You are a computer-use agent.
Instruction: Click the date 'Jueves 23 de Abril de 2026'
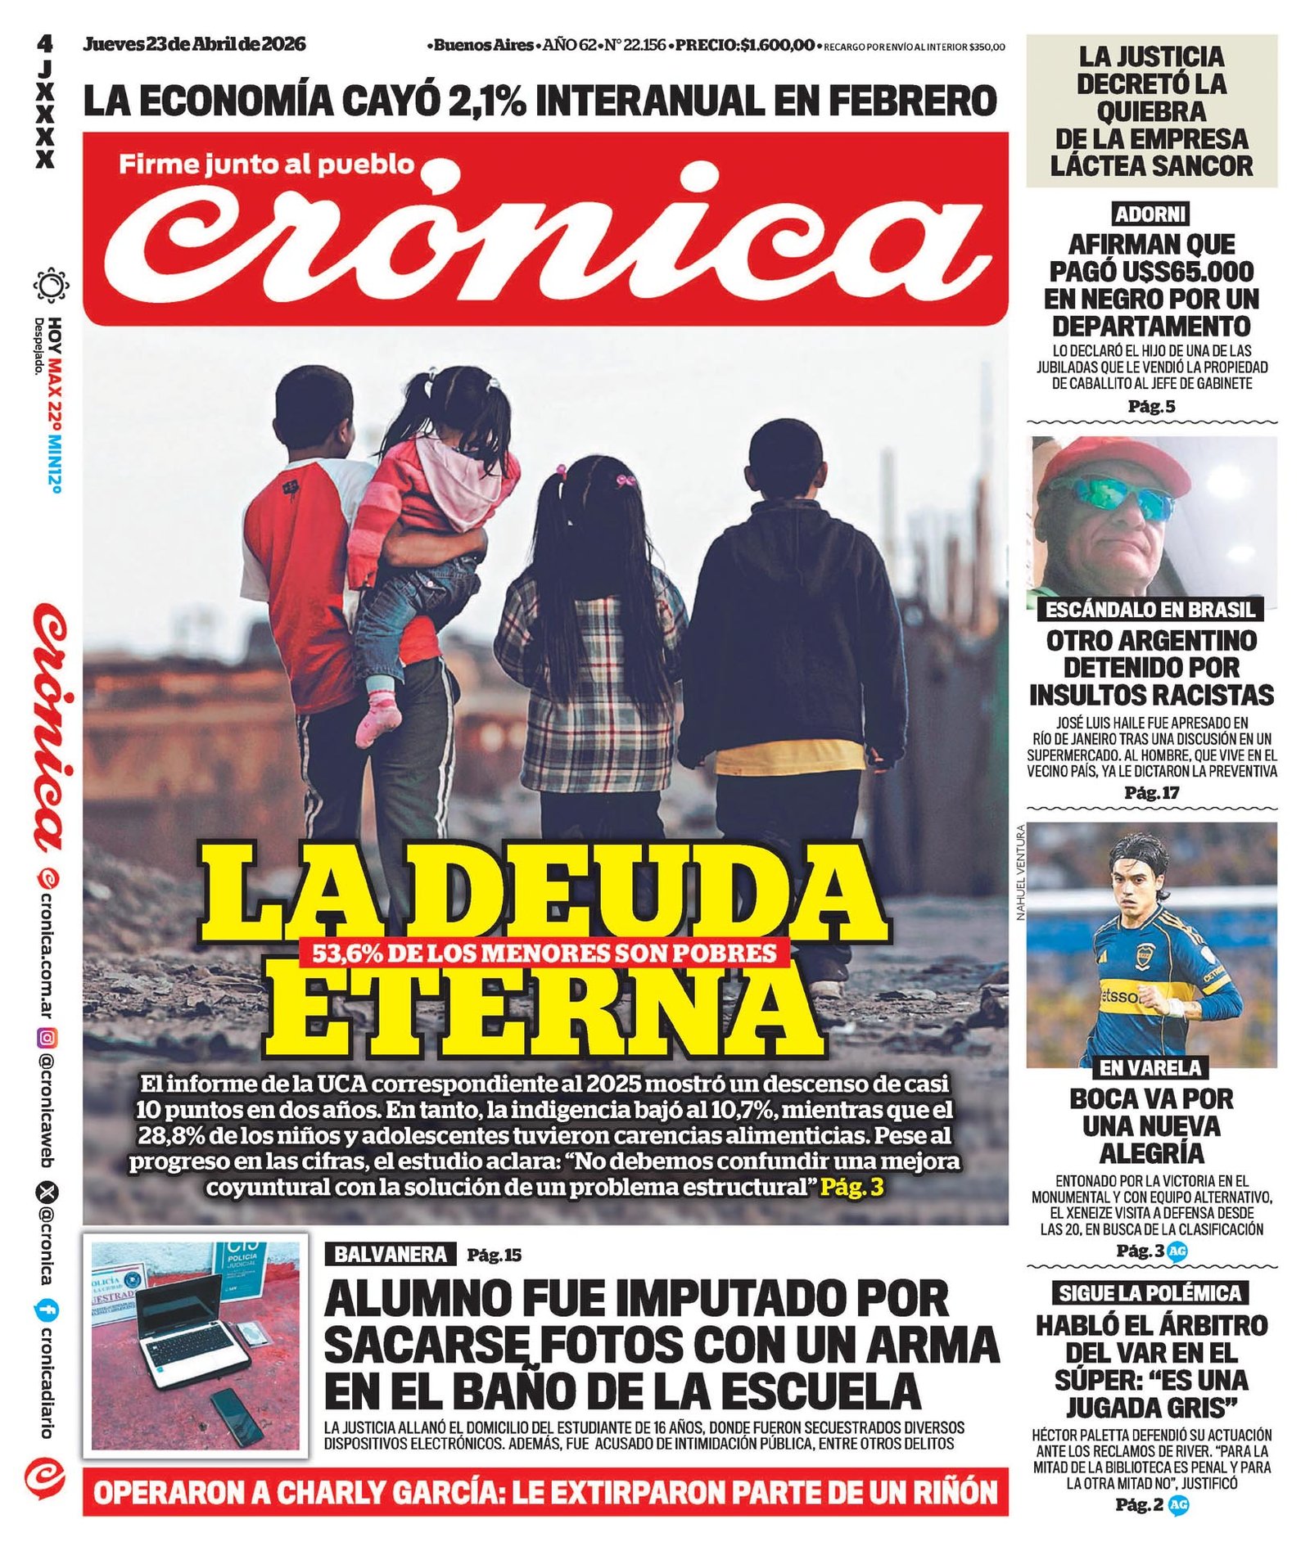tap(194, 44)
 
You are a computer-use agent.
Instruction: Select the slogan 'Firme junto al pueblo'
tap(266, 165)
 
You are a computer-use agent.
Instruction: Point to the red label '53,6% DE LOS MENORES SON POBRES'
tap(544, 953)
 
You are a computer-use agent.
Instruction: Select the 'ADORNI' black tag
tap(1150, 214)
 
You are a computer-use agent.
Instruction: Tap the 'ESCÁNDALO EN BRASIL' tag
tap(1150, 609)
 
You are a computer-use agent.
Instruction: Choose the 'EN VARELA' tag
tap(1150, 1067)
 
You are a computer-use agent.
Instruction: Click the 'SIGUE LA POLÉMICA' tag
tap(1150, 1293)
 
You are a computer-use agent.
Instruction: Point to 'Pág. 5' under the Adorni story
tap(1150, 406)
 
